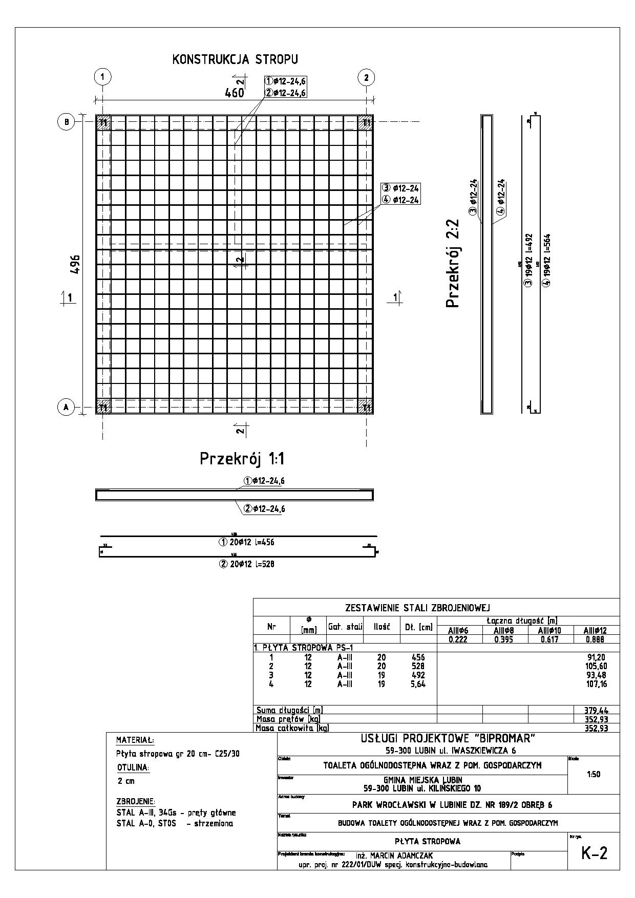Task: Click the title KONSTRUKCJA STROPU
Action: click(x=235, y=60)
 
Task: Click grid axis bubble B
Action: click(x=66, y=122)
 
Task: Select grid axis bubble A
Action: click(x=66, y=407)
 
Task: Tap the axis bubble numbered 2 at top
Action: click(x=366, y=77)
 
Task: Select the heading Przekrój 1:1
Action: click(x=242, y=459)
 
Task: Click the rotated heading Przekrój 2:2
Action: click(x=453, y=264)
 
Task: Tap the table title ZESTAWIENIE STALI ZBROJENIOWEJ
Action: click(x=418, y=608)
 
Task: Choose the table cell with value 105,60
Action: click(x=596, y=666)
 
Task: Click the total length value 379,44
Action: click(x=596, y=710)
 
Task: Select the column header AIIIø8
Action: click(x=504, y=631)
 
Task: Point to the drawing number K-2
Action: click(x=594, y=853)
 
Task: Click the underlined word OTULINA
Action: click(x=133, y=768)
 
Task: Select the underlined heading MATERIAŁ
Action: click(x=135, y=740)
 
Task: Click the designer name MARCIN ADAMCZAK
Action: click(x=402, y=856)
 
